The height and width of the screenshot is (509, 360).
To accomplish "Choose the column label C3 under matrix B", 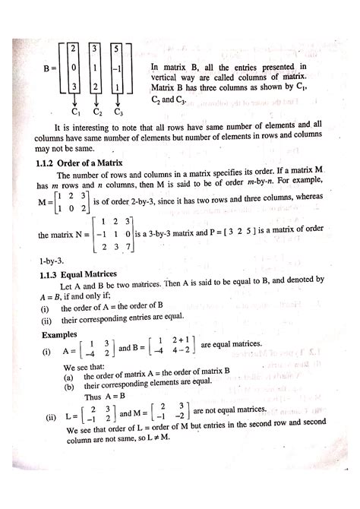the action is pos(119,112).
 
